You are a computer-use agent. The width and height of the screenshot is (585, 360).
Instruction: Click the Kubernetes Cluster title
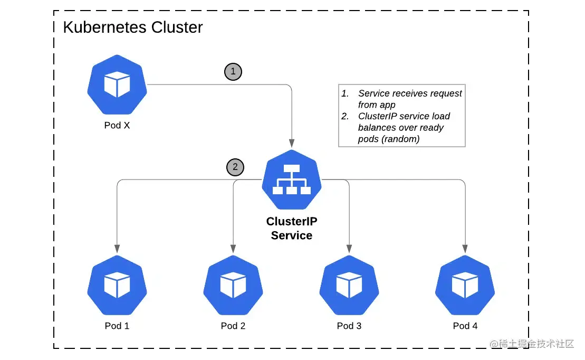coord(132,27)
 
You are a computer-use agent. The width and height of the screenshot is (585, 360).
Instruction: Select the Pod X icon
coord(117,84)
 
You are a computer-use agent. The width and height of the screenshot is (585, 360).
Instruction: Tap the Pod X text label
coord(117,126)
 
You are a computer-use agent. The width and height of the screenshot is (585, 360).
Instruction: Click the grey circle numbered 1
coord(233,72)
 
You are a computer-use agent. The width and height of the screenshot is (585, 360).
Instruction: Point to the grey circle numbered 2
coord(235,168)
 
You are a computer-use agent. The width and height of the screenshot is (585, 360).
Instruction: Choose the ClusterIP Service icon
coord(292,179)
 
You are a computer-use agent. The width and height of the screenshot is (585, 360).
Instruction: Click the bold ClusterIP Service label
coord(292,229)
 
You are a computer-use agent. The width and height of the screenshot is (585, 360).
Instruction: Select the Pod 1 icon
coord(117,285)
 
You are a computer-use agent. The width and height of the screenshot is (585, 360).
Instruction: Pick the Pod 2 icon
coord(233,285)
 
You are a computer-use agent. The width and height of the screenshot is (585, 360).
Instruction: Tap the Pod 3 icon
coord(349,285)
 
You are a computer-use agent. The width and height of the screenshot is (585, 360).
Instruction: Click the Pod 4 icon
coord(465,285)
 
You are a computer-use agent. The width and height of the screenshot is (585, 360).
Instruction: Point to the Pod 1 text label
coord(117,326)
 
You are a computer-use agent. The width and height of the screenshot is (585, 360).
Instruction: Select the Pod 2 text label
coord(233,326)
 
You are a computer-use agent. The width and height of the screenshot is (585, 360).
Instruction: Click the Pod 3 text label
coord(349,326)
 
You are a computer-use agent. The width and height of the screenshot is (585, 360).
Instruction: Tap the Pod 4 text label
coord(465,326)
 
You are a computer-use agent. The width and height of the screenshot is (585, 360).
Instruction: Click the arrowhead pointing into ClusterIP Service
coord(291,143)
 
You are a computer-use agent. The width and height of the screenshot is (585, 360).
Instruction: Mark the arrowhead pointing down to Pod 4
coord(465,248)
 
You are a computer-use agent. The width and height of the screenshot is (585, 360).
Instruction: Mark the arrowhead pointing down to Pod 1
coord(117,248)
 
